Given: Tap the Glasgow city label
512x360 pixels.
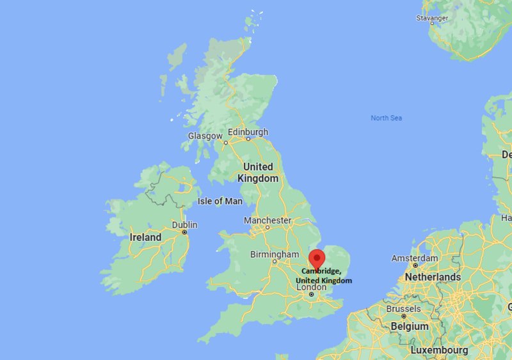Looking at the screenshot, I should tap(205, 136).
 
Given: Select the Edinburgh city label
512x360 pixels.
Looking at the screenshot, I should tap(248, 132).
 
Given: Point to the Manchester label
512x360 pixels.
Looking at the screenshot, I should tap(268, 220).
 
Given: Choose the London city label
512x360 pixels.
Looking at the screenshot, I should tap(311, 287).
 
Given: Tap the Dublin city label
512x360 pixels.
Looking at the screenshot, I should tap(185, 225).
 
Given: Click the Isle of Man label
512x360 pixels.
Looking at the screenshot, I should tap(220, 201).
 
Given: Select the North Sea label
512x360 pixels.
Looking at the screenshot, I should tap(387, 118).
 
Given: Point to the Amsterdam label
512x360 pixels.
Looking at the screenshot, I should tap(415, 258).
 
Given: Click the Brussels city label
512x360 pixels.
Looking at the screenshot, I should tap(403, 309).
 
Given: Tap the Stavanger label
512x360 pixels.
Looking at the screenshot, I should tap(433, 18).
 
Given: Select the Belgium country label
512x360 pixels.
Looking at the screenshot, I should tap(410, 326).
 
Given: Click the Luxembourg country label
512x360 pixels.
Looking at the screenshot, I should tap(439, 350).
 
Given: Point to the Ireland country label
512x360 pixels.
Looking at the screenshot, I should tap(146, 237).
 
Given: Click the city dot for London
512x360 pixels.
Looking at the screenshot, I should tap(311, 295).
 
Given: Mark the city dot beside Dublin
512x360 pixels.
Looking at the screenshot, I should tap(184, 232).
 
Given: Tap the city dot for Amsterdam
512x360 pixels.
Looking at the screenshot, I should tap(415, 265).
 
